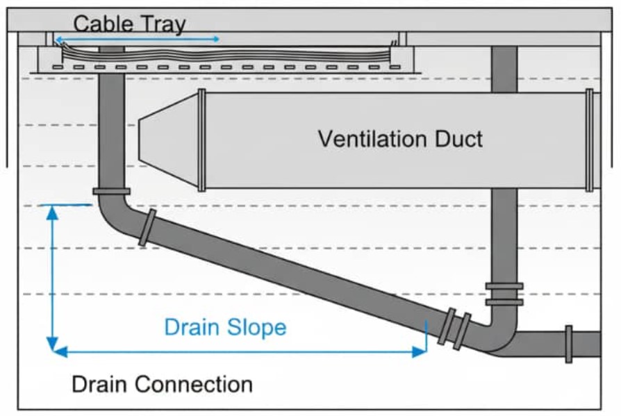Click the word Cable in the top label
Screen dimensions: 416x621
[x=102, y=24]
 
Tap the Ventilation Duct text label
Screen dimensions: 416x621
[x=400, y=138]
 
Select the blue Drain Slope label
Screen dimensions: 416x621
[x=225, y=326]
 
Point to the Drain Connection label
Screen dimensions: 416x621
[x=162, y=383]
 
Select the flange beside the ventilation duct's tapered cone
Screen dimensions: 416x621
[x=201, y=140]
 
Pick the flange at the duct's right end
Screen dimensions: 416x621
[x=589, y=140]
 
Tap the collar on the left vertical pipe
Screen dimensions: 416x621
[x=111, y=192]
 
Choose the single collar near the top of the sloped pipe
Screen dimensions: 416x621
[x=147, y=228]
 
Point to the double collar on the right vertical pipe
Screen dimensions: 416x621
[x=504, y=294]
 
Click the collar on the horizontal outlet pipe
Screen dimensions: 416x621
[x=568, y=344]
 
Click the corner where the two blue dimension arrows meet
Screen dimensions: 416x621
[x=52, y=350]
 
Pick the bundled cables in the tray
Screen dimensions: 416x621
[x=222, y=53]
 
